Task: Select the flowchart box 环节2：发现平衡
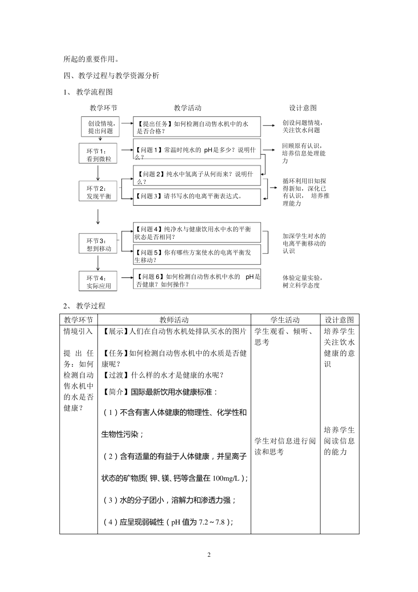point(98,191)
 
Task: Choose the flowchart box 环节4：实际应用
point(98,281)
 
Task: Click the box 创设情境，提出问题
point(101,127)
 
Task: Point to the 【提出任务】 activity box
point(197,127)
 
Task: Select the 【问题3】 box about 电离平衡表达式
point(197,196)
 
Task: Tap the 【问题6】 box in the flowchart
point(197,280)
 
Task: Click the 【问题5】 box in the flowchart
point(197,256)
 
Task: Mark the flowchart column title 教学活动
point(187,108)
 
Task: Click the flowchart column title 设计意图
point(303,108)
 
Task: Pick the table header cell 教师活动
point(174,320)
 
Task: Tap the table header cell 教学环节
point(78,320)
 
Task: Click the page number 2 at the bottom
point(209,555)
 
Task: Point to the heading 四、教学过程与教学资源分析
point(111,76)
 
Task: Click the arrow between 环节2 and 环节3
point(98,217)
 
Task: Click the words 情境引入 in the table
point(78,331)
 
